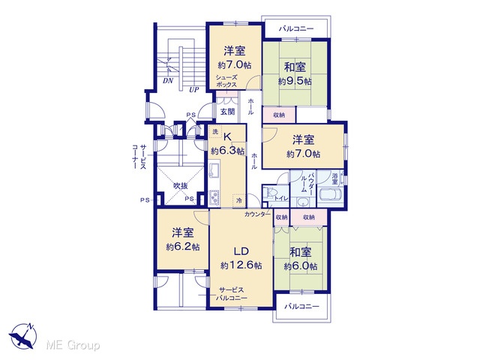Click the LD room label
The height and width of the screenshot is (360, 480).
pos(241,252)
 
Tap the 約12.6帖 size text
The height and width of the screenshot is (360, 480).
pos(241,265)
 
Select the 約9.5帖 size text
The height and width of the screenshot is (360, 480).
pos(295,81)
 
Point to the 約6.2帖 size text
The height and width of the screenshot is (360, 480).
pos(183,247)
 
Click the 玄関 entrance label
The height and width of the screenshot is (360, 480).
pos(227,112)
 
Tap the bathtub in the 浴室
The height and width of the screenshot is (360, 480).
pos(331,195)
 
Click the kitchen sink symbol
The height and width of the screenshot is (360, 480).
pos(214,169)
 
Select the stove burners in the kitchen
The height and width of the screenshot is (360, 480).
pos(214,198)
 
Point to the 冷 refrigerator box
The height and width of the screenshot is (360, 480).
pos(238,200)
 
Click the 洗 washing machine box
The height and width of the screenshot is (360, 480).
pos(215,132)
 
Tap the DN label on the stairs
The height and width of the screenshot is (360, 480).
pos(168,81)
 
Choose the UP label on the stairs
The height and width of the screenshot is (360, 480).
pos(193,90)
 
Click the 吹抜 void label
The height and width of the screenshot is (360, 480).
pos(181,186)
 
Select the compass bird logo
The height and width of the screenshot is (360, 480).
pos(23,337)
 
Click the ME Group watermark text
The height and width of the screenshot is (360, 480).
pos(73,346)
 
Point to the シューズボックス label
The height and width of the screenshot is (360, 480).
pos(226,81)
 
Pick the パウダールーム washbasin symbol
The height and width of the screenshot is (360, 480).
pos(303,202)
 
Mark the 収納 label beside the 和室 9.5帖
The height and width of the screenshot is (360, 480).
pos(279,115)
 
